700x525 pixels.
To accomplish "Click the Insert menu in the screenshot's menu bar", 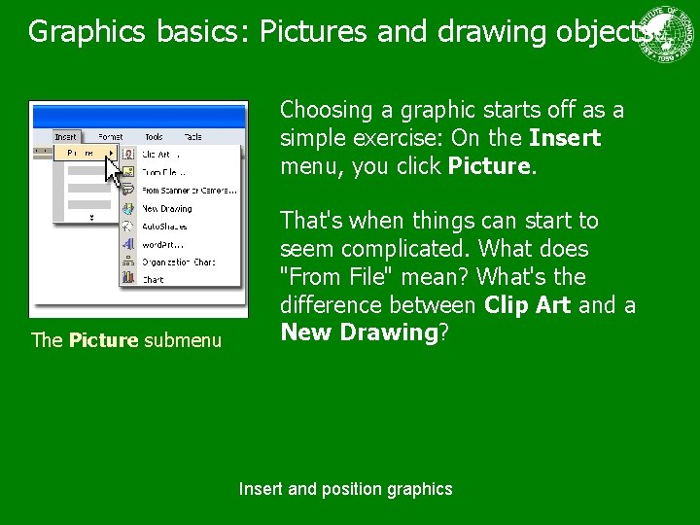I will click(66, 137).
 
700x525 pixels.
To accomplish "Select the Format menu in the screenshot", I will click(110, 137).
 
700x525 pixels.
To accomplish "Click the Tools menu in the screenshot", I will click(154, 137).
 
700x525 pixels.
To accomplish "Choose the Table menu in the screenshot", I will click(192, 137).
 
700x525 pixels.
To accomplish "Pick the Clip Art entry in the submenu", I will click(160, 154).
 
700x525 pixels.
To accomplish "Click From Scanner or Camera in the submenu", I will click(189, 191).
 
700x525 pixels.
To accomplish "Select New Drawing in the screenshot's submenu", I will click(167, 208).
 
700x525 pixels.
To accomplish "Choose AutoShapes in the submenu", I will click(166, 226).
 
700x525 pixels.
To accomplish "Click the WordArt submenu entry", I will click(162, 243).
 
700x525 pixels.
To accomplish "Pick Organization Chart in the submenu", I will click(177, 262).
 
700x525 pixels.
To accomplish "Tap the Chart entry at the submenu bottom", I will click(153, 279).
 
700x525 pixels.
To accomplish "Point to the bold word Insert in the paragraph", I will click(565, 138).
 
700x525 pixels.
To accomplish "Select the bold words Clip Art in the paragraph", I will click(528, 305).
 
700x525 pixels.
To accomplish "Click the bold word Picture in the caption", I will click(104, 340).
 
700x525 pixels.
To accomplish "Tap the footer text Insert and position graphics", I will click(345, 489).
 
